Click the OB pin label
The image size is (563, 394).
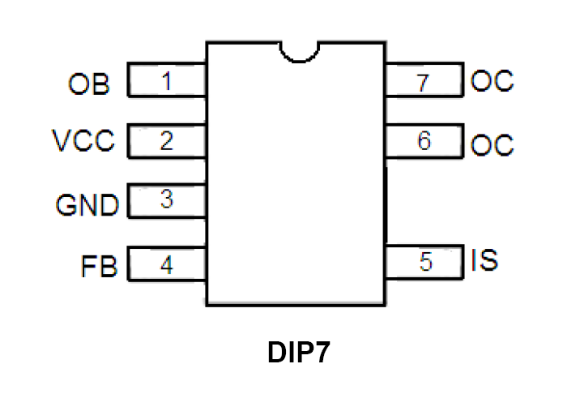(90, 84)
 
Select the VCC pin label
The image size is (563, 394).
(84, 142)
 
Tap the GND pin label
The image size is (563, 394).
(87, 204)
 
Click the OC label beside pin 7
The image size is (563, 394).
(493, 82)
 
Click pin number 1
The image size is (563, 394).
(167, 81)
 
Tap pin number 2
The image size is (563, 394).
(167, 142)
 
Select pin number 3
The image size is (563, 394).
(167, 199)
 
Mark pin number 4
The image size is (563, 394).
(167, 264)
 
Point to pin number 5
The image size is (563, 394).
(425, 262)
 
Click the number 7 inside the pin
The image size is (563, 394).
(424, 82)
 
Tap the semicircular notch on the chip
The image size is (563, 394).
(297, 51)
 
